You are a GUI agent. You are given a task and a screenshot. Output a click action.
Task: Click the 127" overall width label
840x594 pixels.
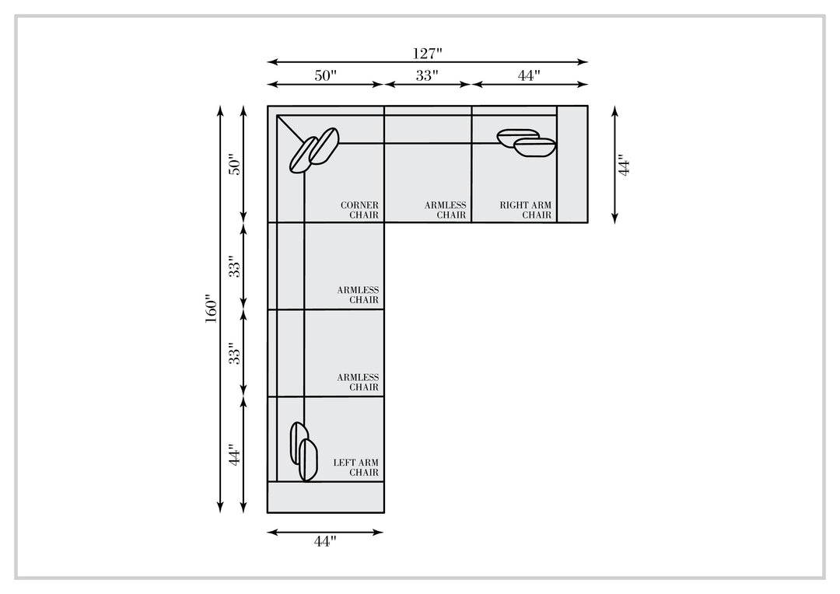click(427, 54)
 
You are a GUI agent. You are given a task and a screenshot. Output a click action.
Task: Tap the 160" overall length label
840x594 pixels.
click(211, 309)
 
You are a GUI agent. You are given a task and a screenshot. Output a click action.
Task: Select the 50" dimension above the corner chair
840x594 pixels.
click(325, 75)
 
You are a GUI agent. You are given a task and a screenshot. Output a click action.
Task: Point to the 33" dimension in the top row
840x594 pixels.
click(427, 75)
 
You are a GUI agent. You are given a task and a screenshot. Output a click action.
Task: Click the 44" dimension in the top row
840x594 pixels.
click(529, 75)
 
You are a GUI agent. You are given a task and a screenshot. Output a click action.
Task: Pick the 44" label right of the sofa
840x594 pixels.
click(624, 165)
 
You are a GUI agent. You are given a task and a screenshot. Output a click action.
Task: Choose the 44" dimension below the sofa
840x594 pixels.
click(325, 542)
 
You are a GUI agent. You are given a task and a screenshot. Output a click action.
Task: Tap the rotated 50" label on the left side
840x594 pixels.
click(235, 165)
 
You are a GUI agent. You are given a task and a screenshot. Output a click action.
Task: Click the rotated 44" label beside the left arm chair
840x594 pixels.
click(235, 454)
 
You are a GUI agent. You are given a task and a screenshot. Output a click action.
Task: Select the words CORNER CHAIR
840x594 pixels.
click(359, 210)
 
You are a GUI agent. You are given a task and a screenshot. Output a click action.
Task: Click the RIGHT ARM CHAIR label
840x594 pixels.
click(526, 210)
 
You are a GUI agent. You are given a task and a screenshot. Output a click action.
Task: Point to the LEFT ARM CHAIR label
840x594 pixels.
click(355, 467)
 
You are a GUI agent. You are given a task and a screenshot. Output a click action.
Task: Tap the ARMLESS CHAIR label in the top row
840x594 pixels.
click(445, 210)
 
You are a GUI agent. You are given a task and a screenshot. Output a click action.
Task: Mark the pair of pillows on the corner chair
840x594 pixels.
click(314, 150)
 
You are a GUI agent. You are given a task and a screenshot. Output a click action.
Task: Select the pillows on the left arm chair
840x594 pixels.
click(304, 451)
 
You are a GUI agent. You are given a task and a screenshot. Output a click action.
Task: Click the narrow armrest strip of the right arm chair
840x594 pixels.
click(572, 164)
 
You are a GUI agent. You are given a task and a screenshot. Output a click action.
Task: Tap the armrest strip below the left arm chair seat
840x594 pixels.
click(326, 497)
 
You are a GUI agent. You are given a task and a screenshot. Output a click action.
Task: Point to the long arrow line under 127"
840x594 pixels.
click(428, 62)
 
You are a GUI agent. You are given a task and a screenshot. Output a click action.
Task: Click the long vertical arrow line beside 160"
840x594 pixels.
click(219, 309)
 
